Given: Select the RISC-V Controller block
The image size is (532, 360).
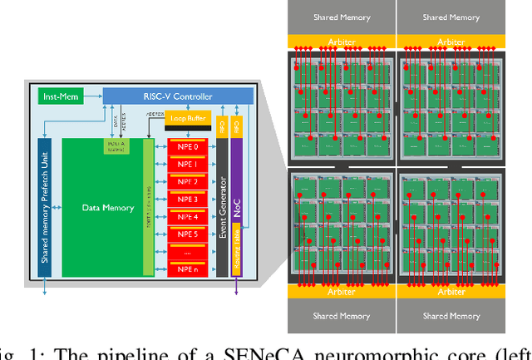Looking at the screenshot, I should point(175,96).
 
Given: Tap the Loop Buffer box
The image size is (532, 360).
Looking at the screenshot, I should point(188,118).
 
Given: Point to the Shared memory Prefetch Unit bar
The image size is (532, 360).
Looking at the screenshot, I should point(47,207).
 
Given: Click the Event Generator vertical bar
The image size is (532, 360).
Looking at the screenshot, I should point(222,207).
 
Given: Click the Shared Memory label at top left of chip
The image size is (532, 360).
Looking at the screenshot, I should point(341,17).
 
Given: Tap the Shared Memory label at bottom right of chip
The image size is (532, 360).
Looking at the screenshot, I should point(451,316).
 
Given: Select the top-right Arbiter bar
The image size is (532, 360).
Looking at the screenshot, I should point(451,41).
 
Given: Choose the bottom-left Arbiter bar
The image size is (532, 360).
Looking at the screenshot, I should point(341,292).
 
